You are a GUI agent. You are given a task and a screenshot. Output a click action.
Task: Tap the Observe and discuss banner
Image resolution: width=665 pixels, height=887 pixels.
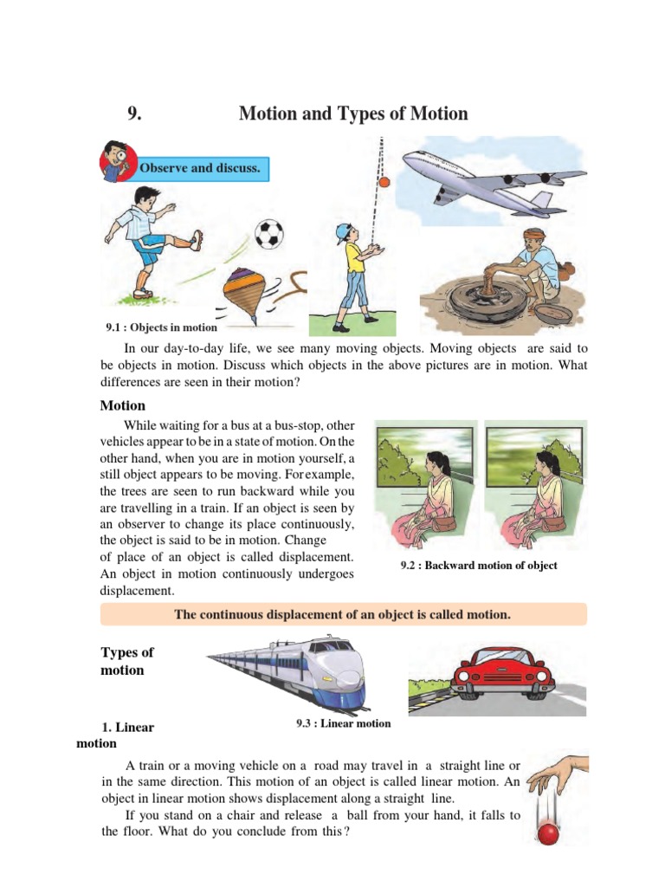pyautogui.click(x=200, y=167)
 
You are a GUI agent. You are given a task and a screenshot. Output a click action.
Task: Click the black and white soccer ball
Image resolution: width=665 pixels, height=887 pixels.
pyautogui.click(x=268, y=232)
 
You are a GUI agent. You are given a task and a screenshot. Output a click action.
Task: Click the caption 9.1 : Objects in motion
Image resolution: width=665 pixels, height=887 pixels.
pyautogui.click(x=161, y=327)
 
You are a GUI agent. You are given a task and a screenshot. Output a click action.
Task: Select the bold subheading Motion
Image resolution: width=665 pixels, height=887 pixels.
pyautogui.click(x=123, y=405)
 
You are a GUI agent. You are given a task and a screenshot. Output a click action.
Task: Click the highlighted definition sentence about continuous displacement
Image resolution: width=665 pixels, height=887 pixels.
pyautogui.click(x=344, y=615)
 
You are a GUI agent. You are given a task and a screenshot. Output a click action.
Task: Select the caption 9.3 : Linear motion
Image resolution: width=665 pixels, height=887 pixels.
pyautogui.click(x=344, y=723)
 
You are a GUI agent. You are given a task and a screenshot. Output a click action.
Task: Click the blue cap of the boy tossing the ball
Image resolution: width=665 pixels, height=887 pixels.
pyautogui.click(x=345, y=230)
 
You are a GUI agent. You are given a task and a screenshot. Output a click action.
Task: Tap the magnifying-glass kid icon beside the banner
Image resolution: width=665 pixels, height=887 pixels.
pyautogui.click(x=114, y=161)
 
